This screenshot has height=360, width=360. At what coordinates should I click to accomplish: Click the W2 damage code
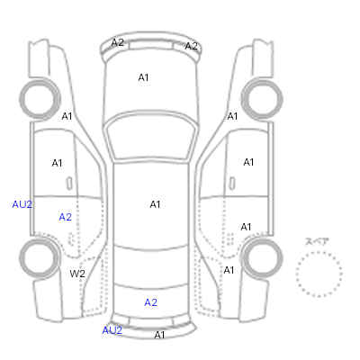click(x=77, y=274)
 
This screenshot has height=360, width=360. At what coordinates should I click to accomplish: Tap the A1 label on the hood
click(x=143, y=77)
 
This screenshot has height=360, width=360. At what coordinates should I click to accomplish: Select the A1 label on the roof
click(x=155, y=204)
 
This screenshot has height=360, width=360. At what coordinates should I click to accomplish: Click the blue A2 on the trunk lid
click(x=150, y=302)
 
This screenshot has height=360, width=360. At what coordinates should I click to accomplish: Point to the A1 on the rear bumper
click(x=159, y=335)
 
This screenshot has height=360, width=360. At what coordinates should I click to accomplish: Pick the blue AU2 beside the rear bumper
click(x=112, y=330)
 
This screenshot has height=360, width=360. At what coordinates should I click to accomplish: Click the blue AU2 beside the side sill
click(x=22, y=204)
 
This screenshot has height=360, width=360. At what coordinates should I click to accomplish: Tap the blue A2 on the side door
click(x=65, y=217)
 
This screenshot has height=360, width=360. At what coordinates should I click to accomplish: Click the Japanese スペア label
click(x=317, y=241)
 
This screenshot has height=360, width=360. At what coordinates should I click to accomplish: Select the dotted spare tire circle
click(x=319, y=252)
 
